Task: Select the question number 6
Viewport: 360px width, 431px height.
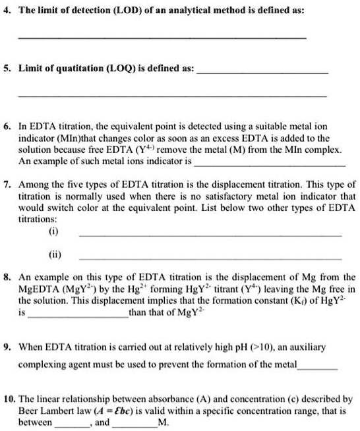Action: click(6, 125)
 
